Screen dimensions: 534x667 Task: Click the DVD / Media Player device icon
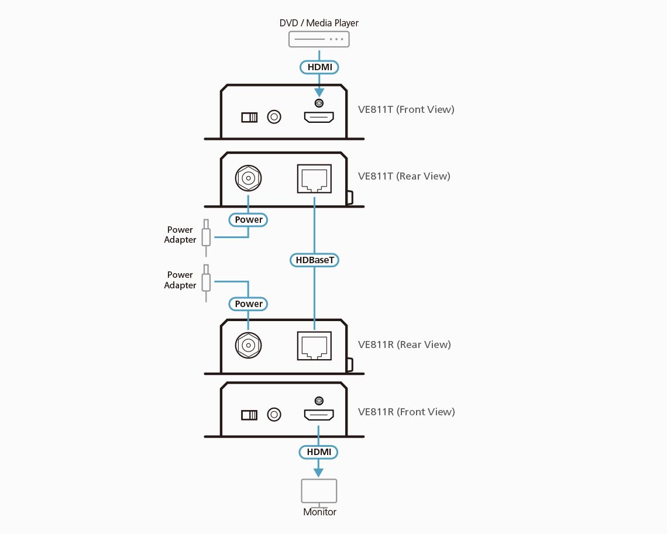click(x=319, y=39)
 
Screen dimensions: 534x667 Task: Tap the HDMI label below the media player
click(x=319, y=67)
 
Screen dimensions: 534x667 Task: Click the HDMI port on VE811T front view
click(x=318, y=117)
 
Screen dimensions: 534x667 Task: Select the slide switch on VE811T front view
click(x=249, y=118)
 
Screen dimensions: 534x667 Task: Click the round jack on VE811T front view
click(x=274, y=117)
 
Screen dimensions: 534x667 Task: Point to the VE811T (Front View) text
click(x=406, y=109)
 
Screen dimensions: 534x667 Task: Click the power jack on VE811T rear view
click(x=248, y=177)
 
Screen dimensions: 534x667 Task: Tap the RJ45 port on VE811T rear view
click(x=315, y=178)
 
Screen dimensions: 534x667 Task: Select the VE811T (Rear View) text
click(x=404, y=176)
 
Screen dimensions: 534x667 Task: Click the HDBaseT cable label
click(x=315, y=259)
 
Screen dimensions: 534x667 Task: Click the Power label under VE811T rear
click(x=249, y=220)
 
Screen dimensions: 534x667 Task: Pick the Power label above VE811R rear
click(x=249, y=304)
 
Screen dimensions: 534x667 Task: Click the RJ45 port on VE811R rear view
click(x=315, y=346)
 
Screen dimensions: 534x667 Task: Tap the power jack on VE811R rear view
click(x=248, y=345)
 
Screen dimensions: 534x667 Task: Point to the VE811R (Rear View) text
click(x=404, y=344)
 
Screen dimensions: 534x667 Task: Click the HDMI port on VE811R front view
click(x=318, y=415)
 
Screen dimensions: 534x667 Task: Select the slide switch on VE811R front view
click(x=249, y=415)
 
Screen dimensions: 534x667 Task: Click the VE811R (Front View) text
click(x=406, y=412)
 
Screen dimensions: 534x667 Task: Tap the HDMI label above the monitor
click(x=318, y=452)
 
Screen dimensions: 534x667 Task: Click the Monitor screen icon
click(x=319, y=491)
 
